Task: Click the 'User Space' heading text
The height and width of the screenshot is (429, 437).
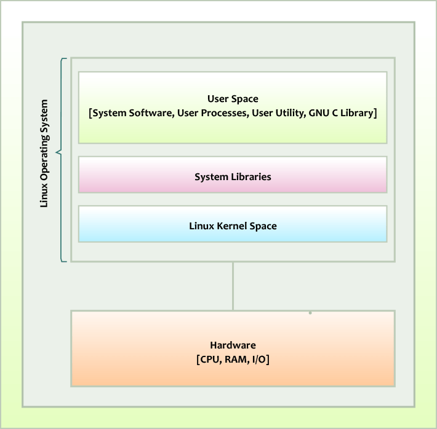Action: click(x=233, y=98)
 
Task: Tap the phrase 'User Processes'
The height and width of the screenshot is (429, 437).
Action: click(x=212, y=113)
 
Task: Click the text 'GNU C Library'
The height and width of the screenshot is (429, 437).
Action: click(x=342, y=113)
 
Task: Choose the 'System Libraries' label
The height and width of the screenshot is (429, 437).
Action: click(x=233, y=177)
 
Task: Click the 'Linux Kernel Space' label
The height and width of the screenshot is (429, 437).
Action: click(x=233, y=226)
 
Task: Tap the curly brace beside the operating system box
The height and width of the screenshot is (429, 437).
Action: click(x=60, y=152)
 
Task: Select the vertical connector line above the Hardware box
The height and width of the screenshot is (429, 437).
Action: click(x=233, y=286)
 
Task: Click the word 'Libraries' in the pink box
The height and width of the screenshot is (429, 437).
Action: click(x=251, y=177)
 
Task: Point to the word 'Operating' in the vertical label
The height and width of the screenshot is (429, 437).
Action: click(x=44, y=157)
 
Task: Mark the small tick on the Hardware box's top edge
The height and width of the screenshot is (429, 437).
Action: click(x=310, y=313)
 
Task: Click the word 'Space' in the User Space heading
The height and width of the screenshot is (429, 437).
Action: click(x=246, y=98)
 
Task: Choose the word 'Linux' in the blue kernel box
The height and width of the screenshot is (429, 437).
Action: click(x=201, y=226)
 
